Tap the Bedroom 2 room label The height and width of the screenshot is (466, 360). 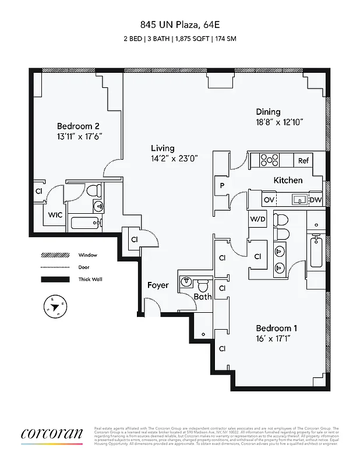78,126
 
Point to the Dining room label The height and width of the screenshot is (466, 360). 268,112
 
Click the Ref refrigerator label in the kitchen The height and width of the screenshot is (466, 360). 303,161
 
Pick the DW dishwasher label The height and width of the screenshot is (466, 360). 315,200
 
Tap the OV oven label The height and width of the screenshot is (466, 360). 269,200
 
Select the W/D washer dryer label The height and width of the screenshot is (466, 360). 257,219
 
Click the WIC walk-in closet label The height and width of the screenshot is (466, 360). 55,215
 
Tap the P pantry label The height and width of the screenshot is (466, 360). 222,186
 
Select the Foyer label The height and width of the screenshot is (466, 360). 158,285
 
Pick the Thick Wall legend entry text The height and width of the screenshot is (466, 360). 90,280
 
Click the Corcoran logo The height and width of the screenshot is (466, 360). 52,435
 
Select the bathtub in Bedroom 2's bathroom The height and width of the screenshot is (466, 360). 85,223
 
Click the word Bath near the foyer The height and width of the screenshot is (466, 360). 203,296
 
